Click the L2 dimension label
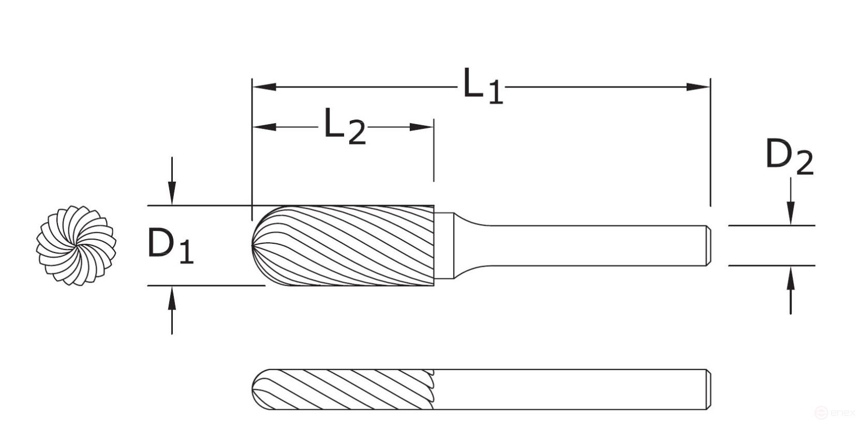[344, 127]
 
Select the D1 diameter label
[170, 245]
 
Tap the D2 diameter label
[789, 157]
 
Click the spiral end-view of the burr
[76, 245]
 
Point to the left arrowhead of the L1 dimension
[264, 87]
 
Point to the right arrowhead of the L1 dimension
[698, 87]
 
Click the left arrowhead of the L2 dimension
[264, 127]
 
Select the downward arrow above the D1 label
[172, 194]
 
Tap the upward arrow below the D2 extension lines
[790, 280]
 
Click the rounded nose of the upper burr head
[259, 245]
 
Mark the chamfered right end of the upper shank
[707, 245]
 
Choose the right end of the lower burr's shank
[707, 389]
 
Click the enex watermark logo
[834, 413]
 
